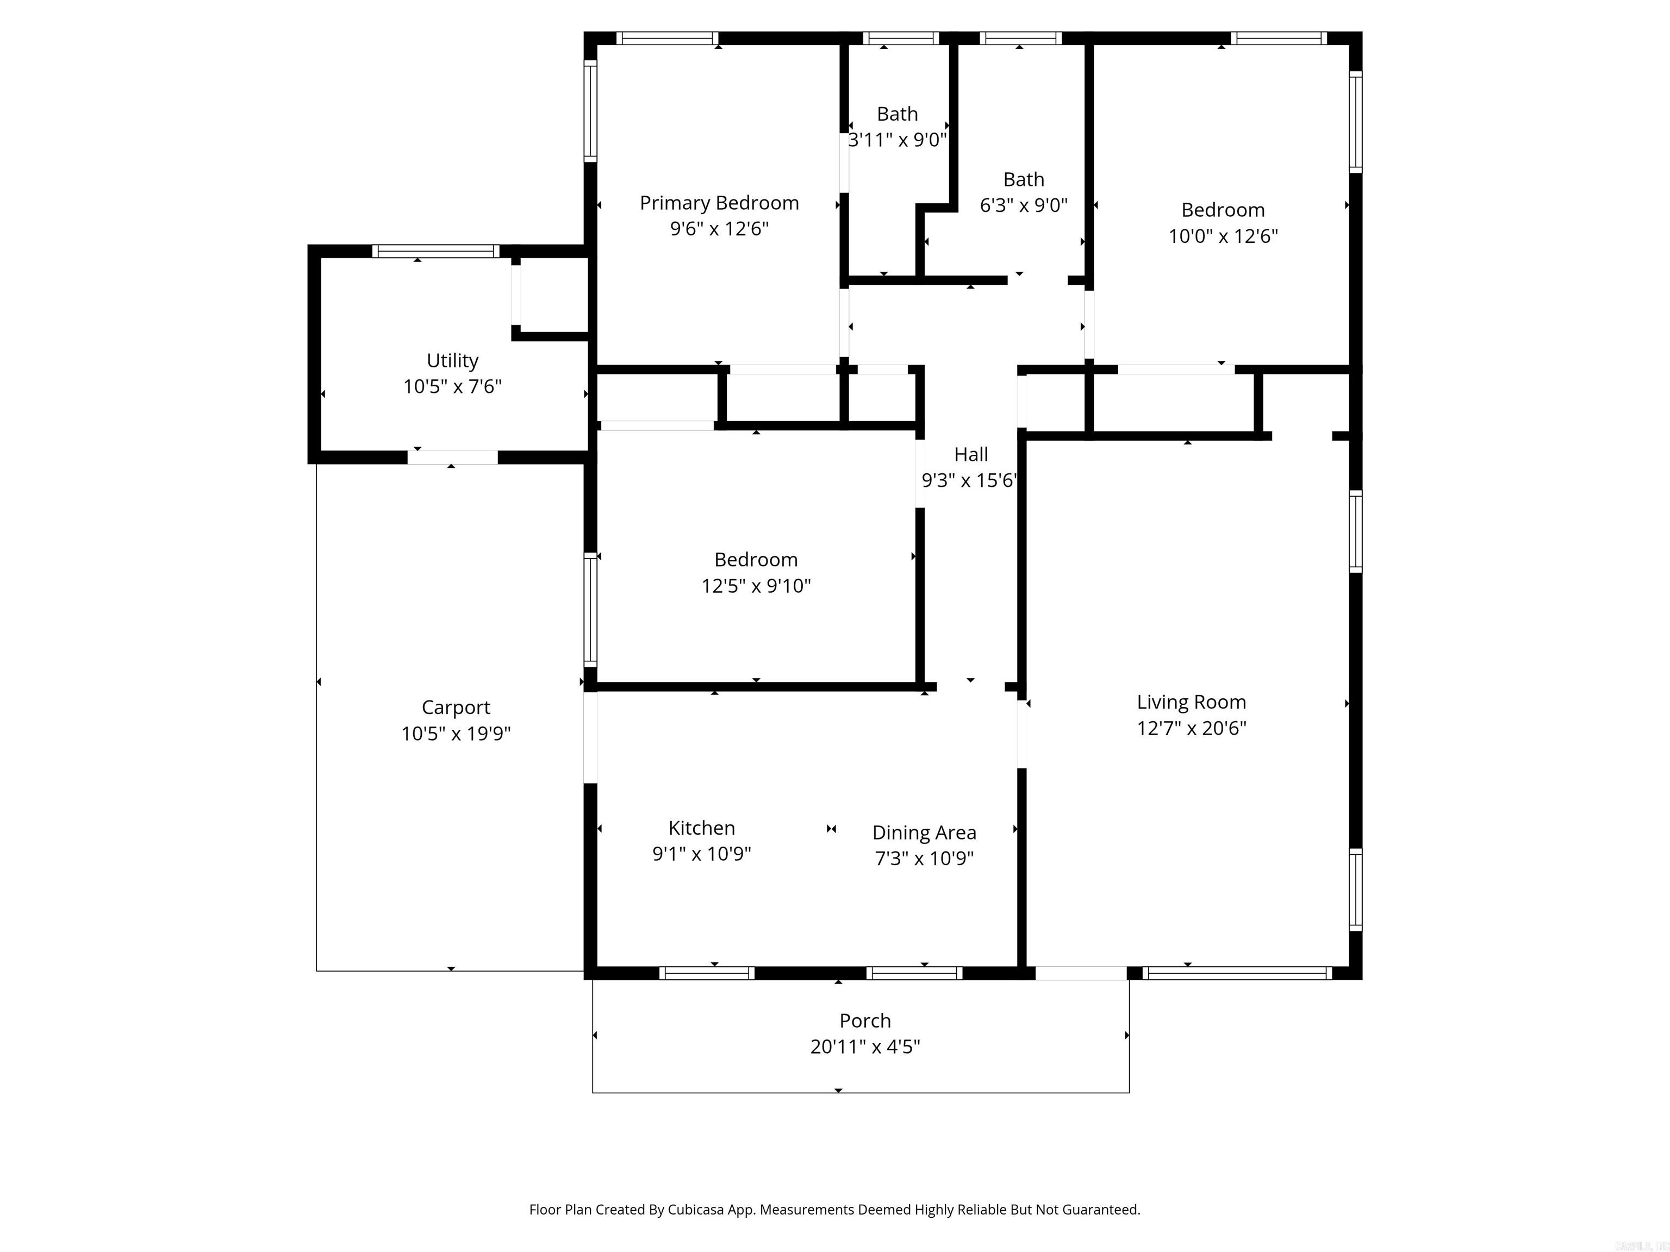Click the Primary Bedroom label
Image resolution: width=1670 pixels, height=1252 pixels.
719,203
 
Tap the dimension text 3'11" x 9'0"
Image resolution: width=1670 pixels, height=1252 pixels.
897,140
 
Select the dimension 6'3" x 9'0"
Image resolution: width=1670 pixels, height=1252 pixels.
1023,205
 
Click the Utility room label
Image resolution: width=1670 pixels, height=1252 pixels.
452,361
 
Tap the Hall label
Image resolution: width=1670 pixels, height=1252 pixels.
970,454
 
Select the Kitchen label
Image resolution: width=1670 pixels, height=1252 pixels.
701,828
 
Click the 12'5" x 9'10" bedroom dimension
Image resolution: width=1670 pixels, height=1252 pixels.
756,586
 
